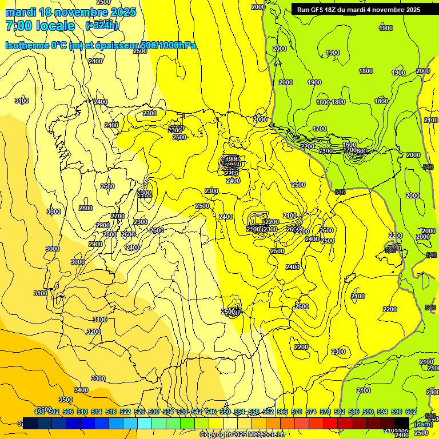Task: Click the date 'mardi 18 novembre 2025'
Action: (70, 12)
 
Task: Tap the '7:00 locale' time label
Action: (40, 26)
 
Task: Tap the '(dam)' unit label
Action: (423, 424)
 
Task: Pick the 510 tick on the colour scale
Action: (82, 412)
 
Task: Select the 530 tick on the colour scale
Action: (154, 412)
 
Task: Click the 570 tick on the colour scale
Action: (297, 412)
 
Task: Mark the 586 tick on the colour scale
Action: (354, 412)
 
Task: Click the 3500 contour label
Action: (66, 400)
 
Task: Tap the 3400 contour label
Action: (81, 390)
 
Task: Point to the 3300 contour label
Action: (98, 378)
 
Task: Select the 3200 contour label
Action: (94, 332)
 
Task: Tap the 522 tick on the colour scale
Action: (125, 412)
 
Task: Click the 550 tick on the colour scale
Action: (225, 412)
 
